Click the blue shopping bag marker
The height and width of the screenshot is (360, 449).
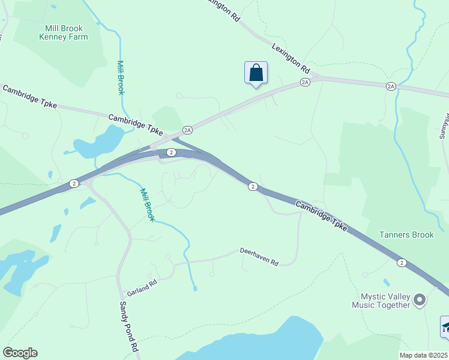pyautogui.click(x=256, y=73)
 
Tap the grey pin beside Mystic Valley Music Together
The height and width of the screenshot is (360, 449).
pyautogui.click(x=420, y=299)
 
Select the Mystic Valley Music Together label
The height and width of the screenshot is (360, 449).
pyautogui.click(x=385, y=301)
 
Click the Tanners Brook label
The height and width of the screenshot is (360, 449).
pyautogui.click(x=406, y=235)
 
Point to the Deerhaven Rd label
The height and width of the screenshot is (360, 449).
pyautogui.click(x=259, y=256)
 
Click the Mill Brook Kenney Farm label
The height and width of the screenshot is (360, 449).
pyautogui.click(x=63, y=32)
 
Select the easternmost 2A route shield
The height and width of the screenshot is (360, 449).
pyautogui.click(x=391, y=86)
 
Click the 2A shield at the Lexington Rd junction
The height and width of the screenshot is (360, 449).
pyautogui.click(x=306, y=82)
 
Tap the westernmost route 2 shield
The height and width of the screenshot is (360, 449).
pyautogui.click(x=73, y=183)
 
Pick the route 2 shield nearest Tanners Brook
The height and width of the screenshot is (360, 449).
pyautogui.click(x=401, y=262)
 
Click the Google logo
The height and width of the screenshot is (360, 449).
pyautogui.click(x=20, y=353)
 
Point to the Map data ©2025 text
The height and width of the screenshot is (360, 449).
pyautogui.click(x=424, y=355)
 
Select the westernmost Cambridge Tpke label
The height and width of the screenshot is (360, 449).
pyautogui.click(x=29, y=97)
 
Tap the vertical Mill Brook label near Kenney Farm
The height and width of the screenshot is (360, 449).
pyautogui.click(x=121, y=77)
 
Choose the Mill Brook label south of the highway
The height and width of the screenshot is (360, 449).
pyautogui.click(x=147, y=205)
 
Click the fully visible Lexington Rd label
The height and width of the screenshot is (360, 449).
pyautogui.click(x=291, y=57)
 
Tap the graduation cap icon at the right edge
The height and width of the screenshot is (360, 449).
pyautogui.click(x=445, y=327)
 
